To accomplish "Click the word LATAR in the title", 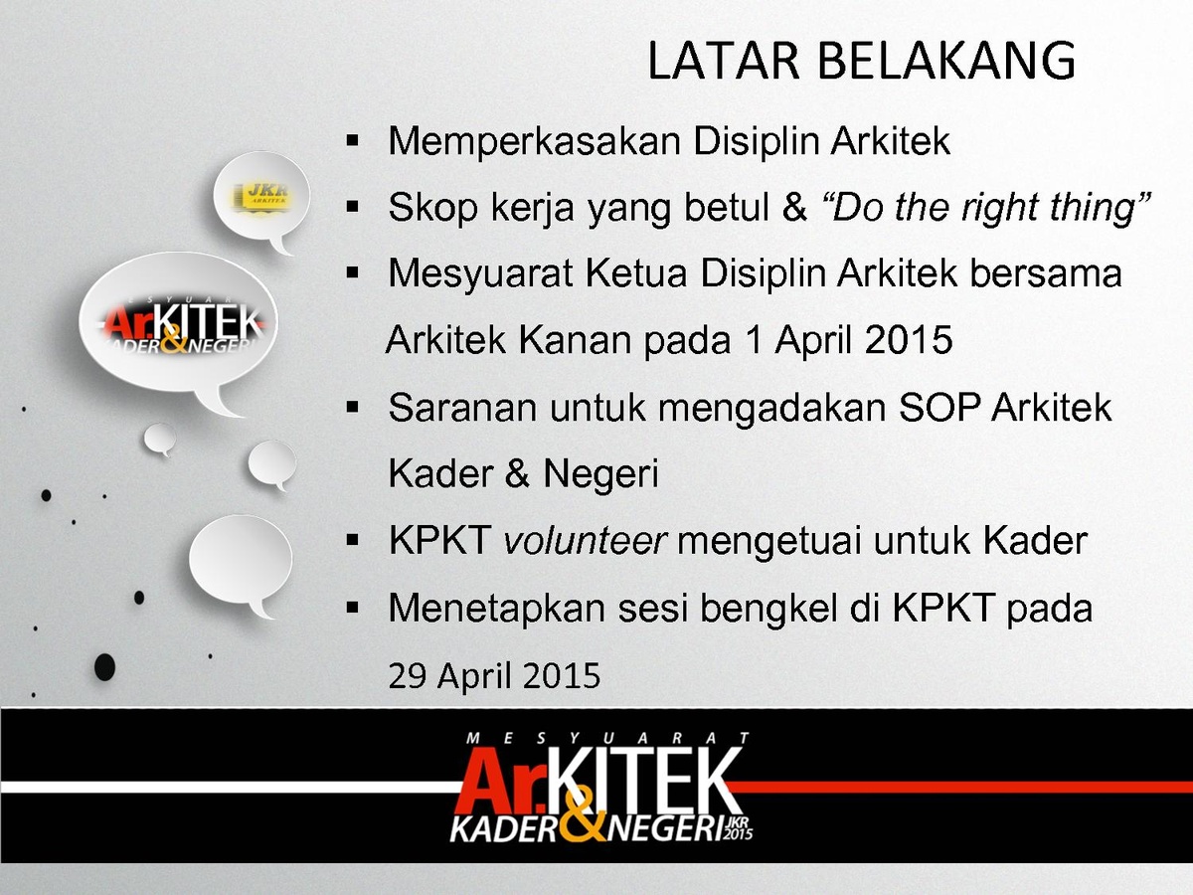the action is (724, 60).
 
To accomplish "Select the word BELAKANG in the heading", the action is (946, 60).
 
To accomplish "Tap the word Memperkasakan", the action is (534, 142).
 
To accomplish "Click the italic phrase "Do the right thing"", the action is (985, 208).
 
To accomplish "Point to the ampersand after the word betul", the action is (794, 208).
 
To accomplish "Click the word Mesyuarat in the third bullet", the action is (480, 273).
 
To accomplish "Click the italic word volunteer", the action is (585, 541).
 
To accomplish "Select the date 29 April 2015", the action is (494, 675).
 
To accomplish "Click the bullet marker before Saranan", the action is (352, 407).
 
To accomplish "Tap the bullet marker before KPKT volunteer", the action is (352, 540).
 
